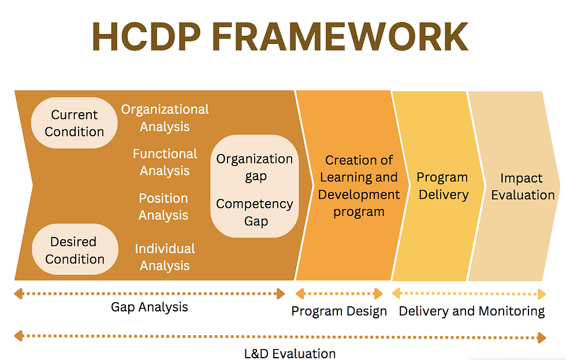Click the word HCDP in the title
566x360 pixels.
point(147,37)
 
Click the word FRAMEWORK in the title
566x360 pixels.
point(340,37)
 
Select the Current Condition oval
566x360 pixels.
point(75,123)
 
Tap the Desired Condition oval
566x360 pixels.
point(75,250)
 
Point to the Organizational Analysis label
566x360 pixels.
point(165,118)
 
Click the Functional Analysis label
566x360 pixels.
point(165,162)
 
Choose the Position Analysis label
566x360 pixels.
point(163,206)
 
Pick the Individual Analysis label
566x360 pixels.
point(165,257)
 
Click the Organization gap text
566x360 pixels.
point(255,167)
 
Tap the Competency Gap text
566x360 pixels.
point(255,212)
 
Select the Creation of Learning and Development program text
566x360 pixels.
point(359,185)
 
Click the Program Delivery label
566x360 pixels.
point(442,186)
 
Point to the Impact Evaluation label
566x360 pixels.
point(523,186)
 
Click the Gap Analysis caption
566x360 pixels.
point(150,307)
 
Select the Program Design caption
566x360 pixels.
point(339,311)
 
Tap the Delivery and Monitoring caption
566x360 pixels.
point(472,311)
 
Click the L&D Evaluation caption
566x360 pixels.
point(290,354)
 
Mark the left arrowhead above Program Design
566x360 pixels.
point(300,294)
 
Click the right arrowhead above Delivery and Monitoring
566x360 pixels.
point(542,294)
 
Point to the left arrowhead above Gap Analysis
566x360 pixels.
point(18,294)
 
